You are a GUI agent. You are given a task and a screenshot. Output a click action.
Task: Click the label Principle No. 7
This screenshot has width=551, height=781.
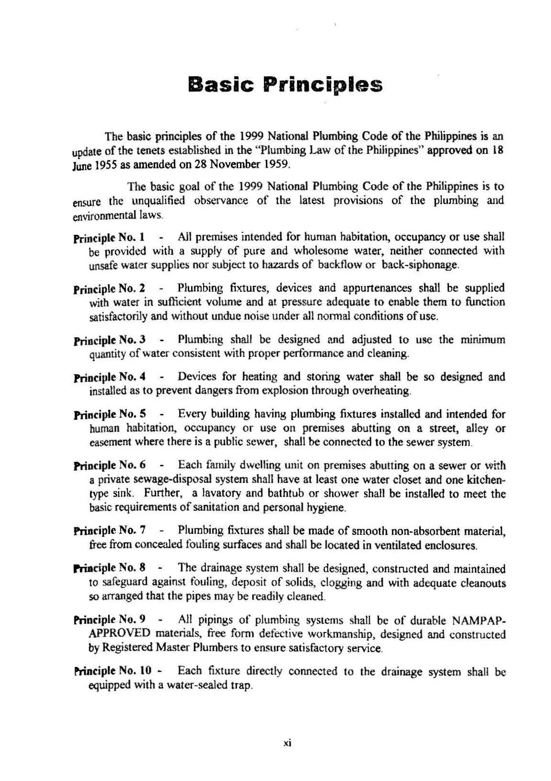(110, 530)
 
